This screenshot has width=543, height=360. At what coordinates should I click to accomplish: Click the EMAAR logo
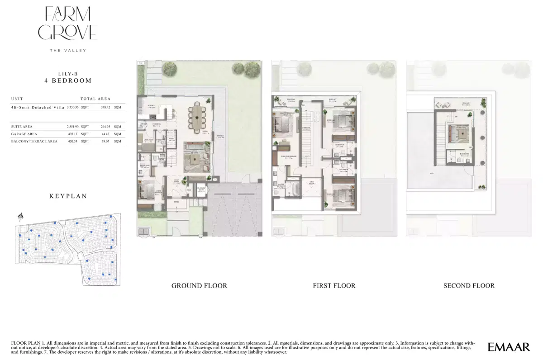509,347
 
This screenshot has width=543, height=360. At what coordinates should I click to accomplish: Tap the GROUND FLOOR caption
199,286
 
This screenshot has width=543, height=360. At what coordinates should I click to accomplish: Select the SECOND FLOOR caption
469,286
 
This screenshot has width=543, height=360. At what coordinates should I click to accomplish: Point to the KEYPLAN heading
68,196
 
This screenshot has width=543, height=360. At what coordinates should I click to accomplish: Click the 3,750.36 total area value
72,107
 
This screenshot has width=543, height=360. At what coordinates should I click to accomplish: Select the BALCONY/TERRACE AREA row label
34,142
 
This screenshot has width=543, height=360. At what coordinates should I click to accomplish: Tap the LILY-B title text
68,73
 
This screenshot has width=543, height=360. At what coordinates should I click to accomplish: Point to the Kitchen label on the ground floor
152,106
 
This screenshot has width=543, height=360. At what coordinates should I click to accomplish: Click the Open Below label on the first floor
312,183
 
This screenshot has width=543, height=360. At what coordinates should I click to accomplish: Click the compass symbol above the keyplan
20,217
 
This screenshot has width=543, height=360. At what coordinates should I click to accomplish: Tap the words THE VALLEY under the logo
68,50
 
